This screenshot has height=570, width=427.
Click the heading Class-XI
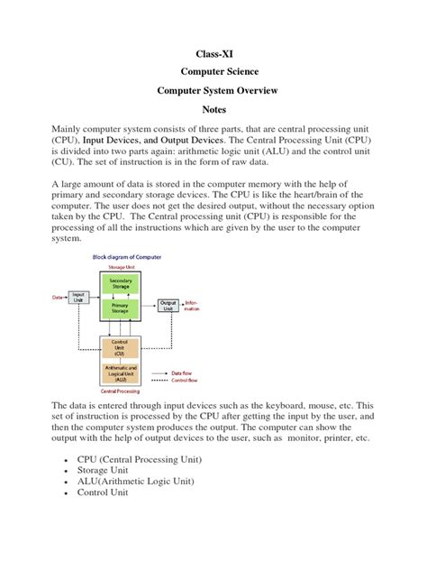[x=213, y=53]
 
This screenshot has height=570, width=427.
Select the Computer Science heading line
[x=213, y=72]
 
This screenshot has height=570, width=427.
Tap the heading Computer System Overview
[x=213, y=91]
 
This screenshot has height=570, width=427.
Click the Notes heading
[x=213, y=110]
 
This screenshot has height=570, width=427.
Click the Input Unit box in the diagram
[x=79, y=296]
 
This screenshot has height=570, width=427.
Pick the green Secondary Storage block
[x=121, y=284]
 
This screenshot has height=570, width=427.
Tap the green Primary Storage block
[x=121, y=308]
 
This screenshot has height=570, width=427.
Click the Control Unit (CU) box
[x=121, y=346]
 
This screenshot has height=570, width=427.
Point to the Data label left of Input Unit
[x=57, y=297]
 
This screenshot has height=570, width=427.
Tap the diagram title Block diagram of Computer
[x=128, y=256]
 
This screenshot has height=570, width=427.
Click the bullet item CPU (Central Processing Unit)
[x=139, y=459]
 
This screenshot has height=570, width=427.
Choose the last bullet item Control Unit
[x=104, y=492]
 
